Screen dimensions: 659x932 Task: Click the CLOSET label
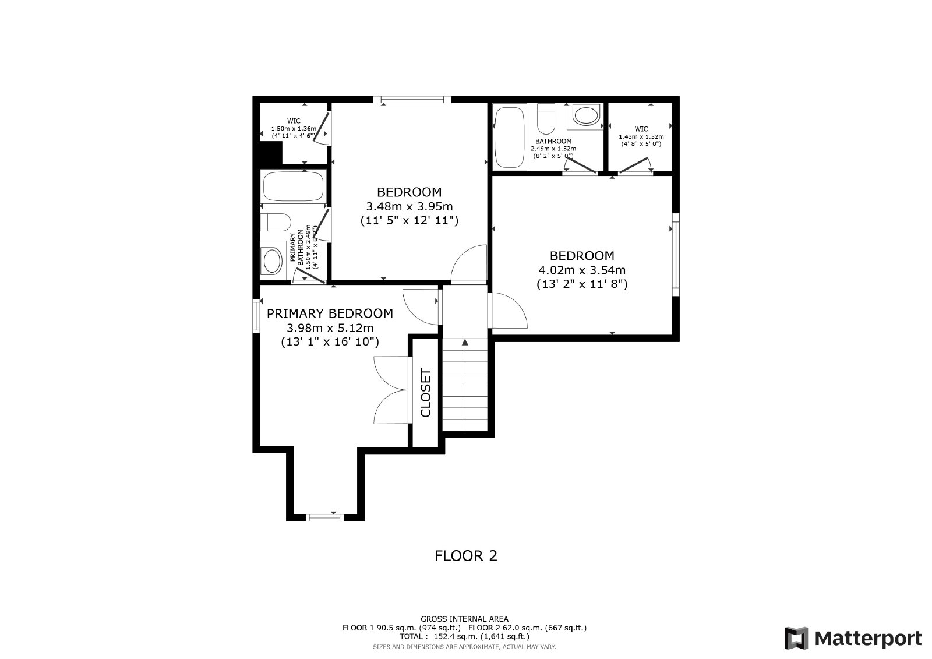coord(425,393)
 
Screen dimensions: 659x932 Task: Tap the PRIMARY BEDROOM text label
coord(330,313)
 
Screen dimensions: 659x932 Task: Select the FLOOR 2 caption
coord(466,555)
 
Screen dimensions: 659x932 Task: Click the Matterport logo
coord(853,638)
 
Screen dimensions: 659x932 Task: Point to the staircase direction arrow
coord(464,344)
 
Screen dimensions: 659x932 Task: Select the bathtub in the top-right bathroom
coord(509,136)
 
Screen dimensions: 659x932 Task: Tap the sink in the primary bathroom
coord(271,260)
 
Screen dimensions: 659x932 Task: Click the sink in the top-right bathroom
coord(586,115)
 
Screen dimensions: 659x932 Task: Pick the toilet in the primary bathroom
coord(275,223)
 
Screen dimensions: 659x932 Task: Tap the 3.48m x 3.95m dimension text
coord(409,206)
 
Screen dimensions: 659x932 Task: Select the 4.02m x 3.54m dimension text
coord(582,270)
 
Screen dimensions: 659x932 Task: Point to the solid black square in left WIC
coord(270,153)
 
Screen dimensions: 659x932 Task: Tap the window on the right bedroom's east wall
coord(676,251)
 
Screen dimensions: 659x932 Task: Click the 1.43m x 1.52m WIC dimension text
coord(641,136)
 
